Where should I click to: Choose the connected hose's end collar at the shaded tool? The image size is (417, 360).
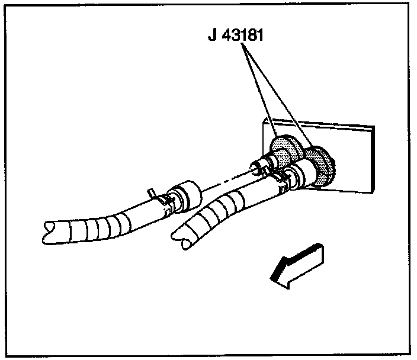(299, 175)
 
